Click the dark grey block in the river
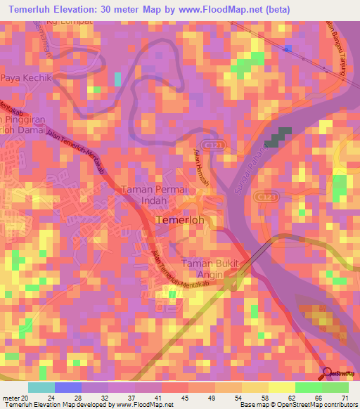point(279,136)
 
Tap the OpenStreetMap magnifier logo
point(328,374)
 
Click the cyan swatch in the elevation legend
point(41,387)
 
